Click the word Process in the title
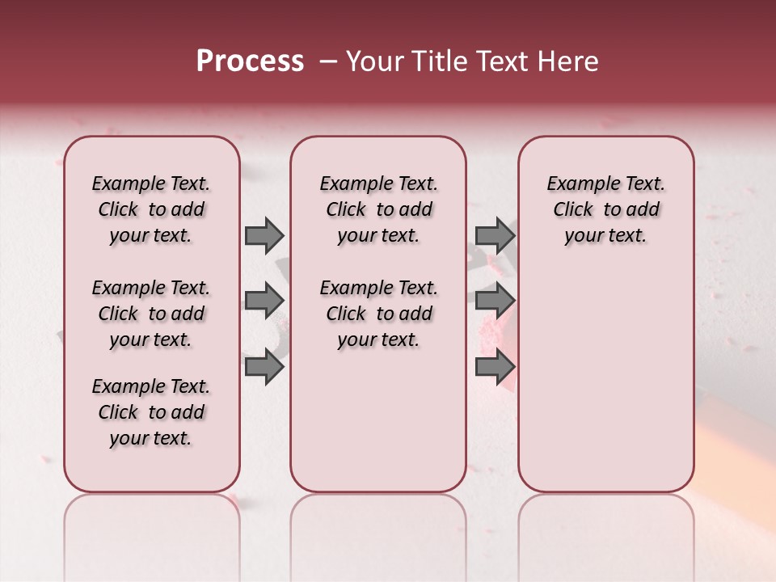click(250, 61)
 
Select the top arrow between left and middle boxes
click(264, 235)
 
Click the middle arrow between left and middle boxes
click(264, 301)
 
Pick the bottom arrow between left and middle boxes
click(264, 366)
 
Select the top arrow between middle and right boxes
click(495, 235)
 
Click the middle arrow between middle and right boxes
click(495, 301)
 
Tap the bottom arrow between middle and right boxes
click(495, 366)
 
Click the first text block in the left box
click(151, 209)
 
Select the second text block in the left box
click(151, 314)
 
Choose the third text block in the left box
click(151, 412)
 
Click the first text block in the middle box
click(378, 209)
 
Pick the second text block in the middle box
click(378, 314)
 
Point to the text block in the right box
click(606, 209)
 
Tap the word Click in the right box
click(573, 209)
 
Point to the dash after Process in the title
click(327, 61)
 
